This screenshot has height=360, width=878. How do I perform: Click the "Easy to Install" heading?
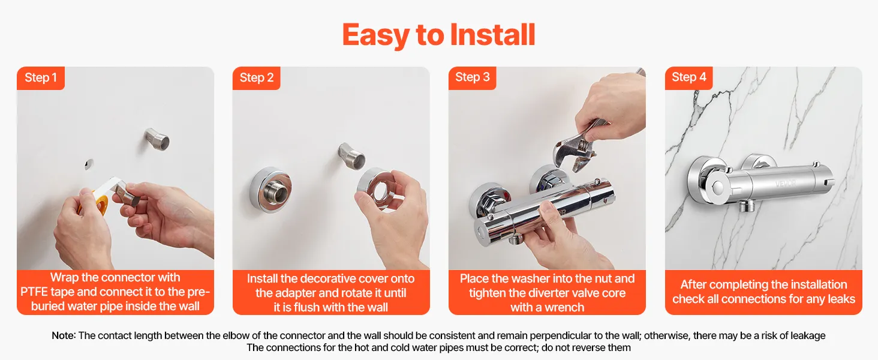(438, 35)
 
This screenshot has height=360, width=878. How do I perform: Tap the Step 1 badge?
(41, 78)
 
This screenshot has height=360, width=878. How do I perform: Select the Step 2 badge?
(256, 78)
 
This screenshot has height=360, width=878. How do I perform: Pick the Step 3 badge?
(473, 77)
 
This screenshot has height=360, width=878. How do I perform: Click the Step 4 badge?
(688, 77)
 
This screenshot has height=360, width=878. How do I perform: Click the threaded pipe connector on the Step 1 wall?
(157, 139)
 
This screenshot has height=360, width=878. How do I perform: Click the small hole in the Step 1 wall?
(89, 164)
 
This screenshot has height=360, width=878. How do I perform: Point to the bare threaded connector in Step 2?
(351, 155)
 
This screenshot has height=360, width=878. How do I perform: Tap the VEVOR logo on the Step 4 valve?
(785, 184)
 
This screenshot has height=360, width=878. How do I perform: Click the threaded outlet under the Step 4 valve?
(747, 205)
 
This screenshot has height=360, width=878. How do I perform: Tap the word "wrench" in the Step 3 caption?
(564, 307)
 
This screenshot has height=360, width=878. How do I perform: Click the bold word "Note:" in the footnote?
(64, 335)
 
